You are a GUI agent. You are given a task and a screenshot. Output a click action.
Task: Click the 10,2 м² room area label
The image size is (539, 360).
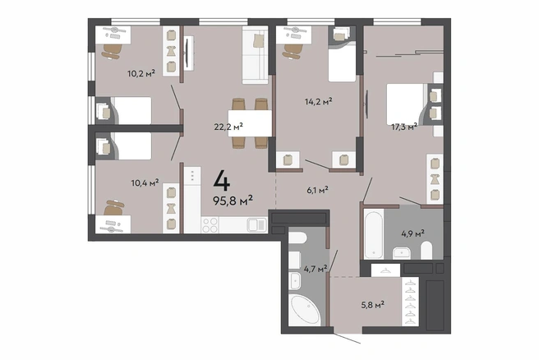pos(141,73)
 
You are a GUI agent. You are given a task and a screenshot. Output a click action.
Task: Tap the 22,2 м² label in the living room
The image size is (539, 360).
pos(228,127)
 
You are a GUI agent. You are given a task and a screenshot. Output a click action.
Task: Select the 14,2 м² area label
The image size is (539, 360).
pos(318,101)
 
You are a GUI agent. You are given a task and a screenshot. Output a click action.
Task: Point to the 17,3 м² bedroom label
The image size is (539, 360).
pos(404,127)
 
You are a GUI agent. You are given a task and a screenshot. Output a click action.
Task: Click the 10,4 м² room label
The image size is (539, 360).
pos(145,182)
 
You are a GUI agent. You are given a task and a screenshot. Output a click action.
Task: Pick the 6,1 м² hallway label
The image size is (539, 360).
pos(317,190)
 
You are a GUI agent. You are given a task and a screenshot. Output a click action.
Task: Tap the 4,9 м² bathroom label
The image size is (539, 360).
pos(412,234)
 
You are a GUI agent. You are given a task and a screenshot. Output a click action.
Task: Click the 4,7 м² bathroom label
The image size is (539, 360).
pos(316,269)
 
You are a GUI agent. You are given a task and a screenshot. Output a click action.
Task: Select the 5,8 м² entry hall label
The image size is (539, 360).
pos(373,305)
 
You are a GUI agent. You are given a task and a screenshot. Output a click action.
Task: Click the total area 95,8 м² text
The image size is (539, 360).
pos(233,200)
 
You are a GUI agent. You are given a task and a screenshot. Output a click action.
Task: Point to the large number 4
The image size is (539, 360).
pos(222,181)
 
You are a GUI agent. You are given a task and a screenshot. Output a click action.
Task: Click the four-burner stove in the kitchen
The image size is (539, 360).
pos(210,225)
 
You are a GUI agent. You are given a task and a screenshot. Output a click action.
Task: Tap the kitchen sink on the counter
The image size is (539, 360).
pos(256,225)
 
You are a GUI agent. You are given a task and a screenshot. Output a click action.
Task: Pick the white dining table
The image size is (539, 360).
pos(250,122)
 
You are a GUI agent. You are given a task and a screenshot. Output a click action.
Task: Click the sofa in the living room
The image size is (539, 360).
pos(255,55)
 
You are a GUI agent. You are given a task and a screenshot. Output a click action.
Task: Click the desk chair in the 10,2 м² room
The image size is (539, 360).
pos(112,51)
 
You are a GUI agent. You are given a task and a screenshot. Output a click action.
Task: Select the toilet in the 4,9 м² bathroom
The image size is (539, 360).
pos(426,250)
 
